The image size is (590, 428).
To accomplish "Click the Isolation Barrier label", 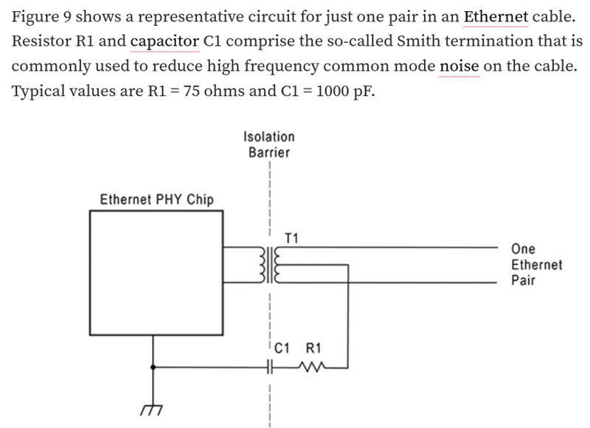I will tap(269, 145).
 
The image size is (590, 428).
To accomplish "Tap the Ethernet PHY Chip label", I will tap(157, 199).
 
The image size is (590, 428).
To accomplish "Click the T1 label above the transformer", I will tap(291, 238).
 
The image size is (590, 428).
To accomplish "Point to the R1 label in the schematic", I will tap(313, 348).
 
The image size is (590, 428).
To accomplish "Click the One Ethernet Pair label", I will tap(536, 265).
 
